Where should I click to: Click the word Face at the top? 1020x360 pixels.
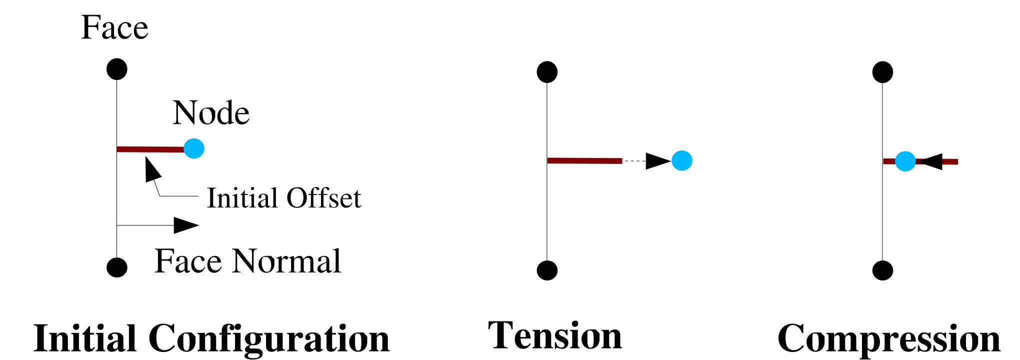click(x=114, y=27)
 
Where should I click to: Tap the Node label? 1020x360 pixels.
click(x=211, y=113)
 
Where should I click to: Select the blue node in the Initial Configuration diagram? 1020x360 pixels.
click(x=194, y=148)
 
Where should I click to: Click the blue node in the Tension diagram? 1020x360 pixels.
click(x=682, y=160)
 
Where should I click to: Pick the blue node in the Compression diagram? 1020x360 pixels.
click(x=905, y=161)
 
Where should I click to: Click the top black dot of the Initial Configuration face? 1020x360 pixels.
click(x=117, y=69)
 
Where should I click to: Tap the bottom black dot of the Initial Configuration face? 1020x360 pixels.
click(x=117, y=267)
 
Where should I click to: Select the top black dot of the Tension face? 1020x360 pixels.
click(x=547, y=72)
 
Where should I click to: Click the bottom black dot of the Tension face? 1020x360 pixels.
click(x=547, y=270)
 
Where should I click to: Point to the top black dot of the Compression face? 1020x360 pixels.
click(x=882, y=72)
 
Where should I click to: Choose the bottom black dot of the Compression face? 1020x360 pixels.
click(x=882, y=270)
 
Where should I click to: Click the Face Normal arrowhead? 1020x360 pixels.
click(x=185, y=225)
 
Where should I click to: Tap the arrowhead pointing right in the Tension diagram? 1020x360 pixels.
click(x=657, y=161)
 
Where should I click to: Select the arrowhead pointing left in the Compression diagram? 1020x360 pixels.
click(x=931, y=161)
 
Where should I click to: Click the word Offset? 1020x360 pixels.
click(x=323, y=198)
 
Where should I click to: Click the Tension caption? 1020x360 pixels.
click(x=555, y=336)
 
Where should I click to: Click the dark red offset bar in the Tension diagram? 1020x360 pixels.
click(x=584, y=160)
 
